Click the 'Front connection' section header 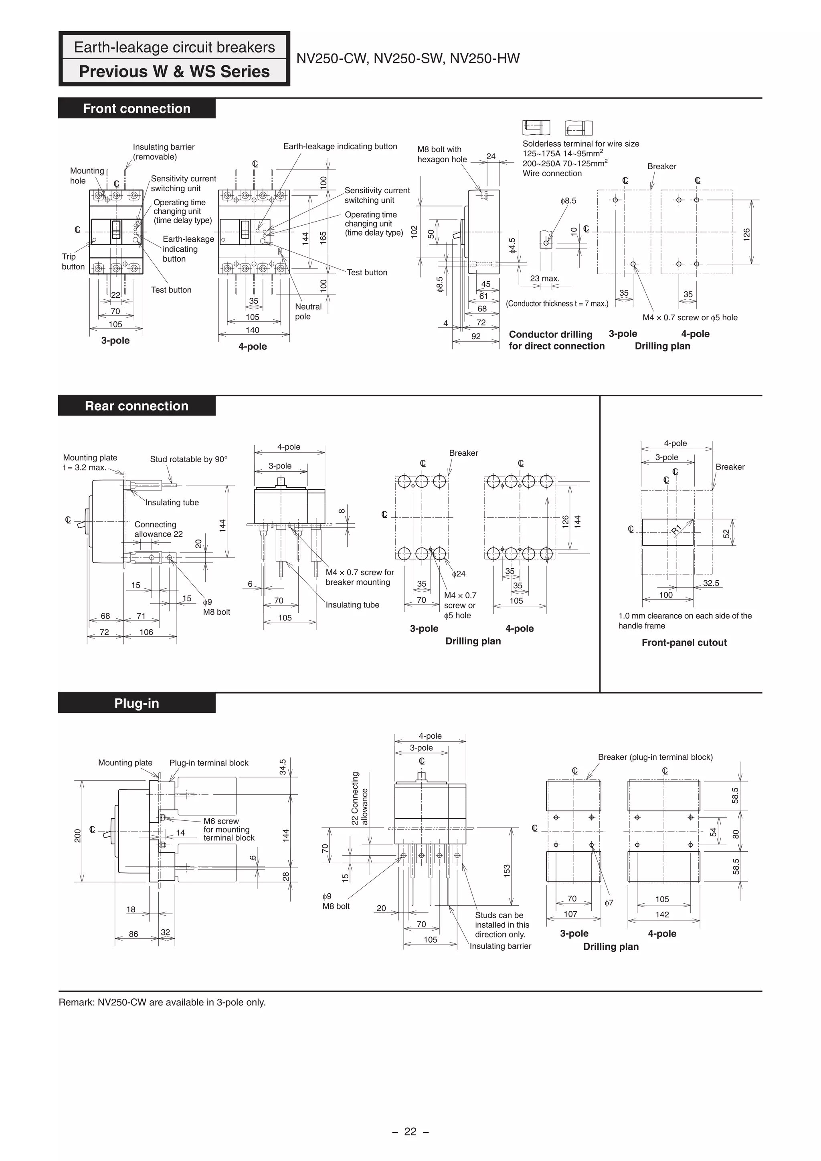(x=137, y=109)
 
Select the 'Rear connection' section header (x=137, y=406)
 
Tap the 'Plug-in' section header (x=137, y=703)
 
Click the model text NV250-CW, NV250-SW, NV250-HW (x=408, y=59)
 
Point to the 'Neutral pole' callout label (x=308, y=311)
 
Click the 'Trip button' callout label (x=73, y=261)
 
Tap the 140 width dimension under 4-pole (x=253, y=330)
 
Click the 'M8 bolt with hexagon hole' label (x=442, y=154)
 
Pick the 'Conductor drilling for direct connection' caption (x=556, y=340)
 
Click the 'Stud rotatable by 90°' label (x=189, y=459)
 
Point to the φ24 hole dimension (x=458, y=574)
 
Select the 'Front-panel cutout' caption (x=684, y=643)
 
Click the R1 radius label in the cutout (x=676, y=529)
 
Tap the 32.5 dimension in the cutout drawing (x=711, y=583)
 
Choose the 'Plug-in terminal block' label (x=208, y=763)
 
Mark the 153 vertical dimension (x=507, y=870)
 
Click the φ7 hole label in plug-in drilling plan (x=609, y=903)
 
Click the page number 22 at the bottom (x=410, y=1132)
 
